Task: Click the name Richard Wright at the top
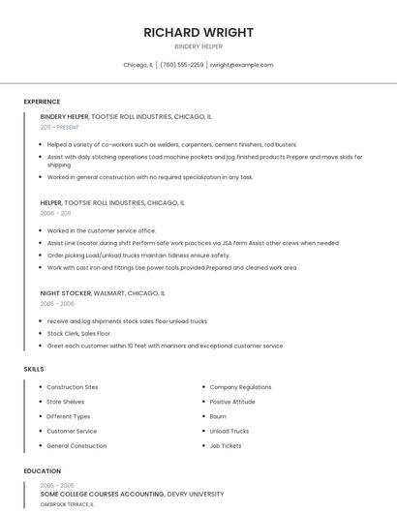[198, 32]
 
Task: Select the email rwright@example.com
[242, 65]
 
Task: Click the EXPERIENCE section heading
[42, 102]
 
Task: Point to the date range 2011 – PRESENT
[59, 127]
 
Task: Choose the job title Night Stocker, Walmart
[103, 292]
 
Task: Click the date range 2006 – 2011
[55, 213]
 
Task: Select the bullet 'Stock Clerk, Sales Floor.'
[79, 333]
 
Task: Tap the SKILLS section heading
[34, 369]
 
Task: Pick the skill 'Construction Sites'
[73, 387]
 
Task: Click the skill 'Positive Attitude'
[232, 402]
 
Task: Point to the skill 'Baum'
[218, 416]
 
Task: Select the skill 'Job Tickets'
[226, 445]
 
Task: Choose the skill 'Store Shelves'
[66, 402]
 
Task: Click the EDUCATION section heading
[42, 471]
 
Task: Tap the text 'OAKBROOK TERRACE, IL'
[67, 504]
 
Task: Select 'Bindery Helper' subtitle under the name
[198, 46]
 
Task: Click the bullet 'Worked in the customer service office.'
[102, 230]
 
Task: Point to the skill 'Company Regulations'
[240, 387]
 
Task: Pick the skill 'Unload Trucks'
[229, 431]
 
